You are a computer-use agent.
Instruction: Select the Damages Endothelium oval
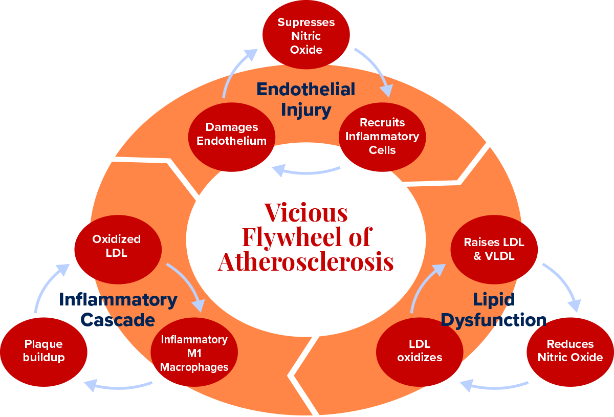point(232,134)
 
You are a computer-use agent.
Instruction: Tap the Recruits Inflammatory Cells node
point(382,136)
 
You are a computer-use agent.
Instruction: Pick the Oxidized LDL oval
point(118,247)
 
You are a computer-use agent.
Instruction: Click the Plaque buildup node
point(44,351)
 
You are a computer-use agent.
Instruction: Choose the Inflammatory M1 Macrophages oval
point(194,353)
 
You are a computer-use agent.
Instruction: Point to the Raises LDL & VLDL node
point(494,249)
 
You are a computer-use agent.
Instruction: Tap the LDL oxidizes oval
point(420,351)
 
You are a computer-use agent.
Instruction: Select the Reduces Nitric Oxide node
point(570,351)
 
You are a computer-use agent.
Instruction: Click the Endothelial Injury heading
point(306,99)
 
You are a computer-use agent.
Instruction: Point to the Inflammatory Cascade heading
point(118,310)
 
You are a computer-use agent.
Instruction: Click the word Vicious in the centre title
point(306,212)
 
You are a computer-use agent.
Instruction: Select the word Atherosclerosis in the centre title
point(306,262)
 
